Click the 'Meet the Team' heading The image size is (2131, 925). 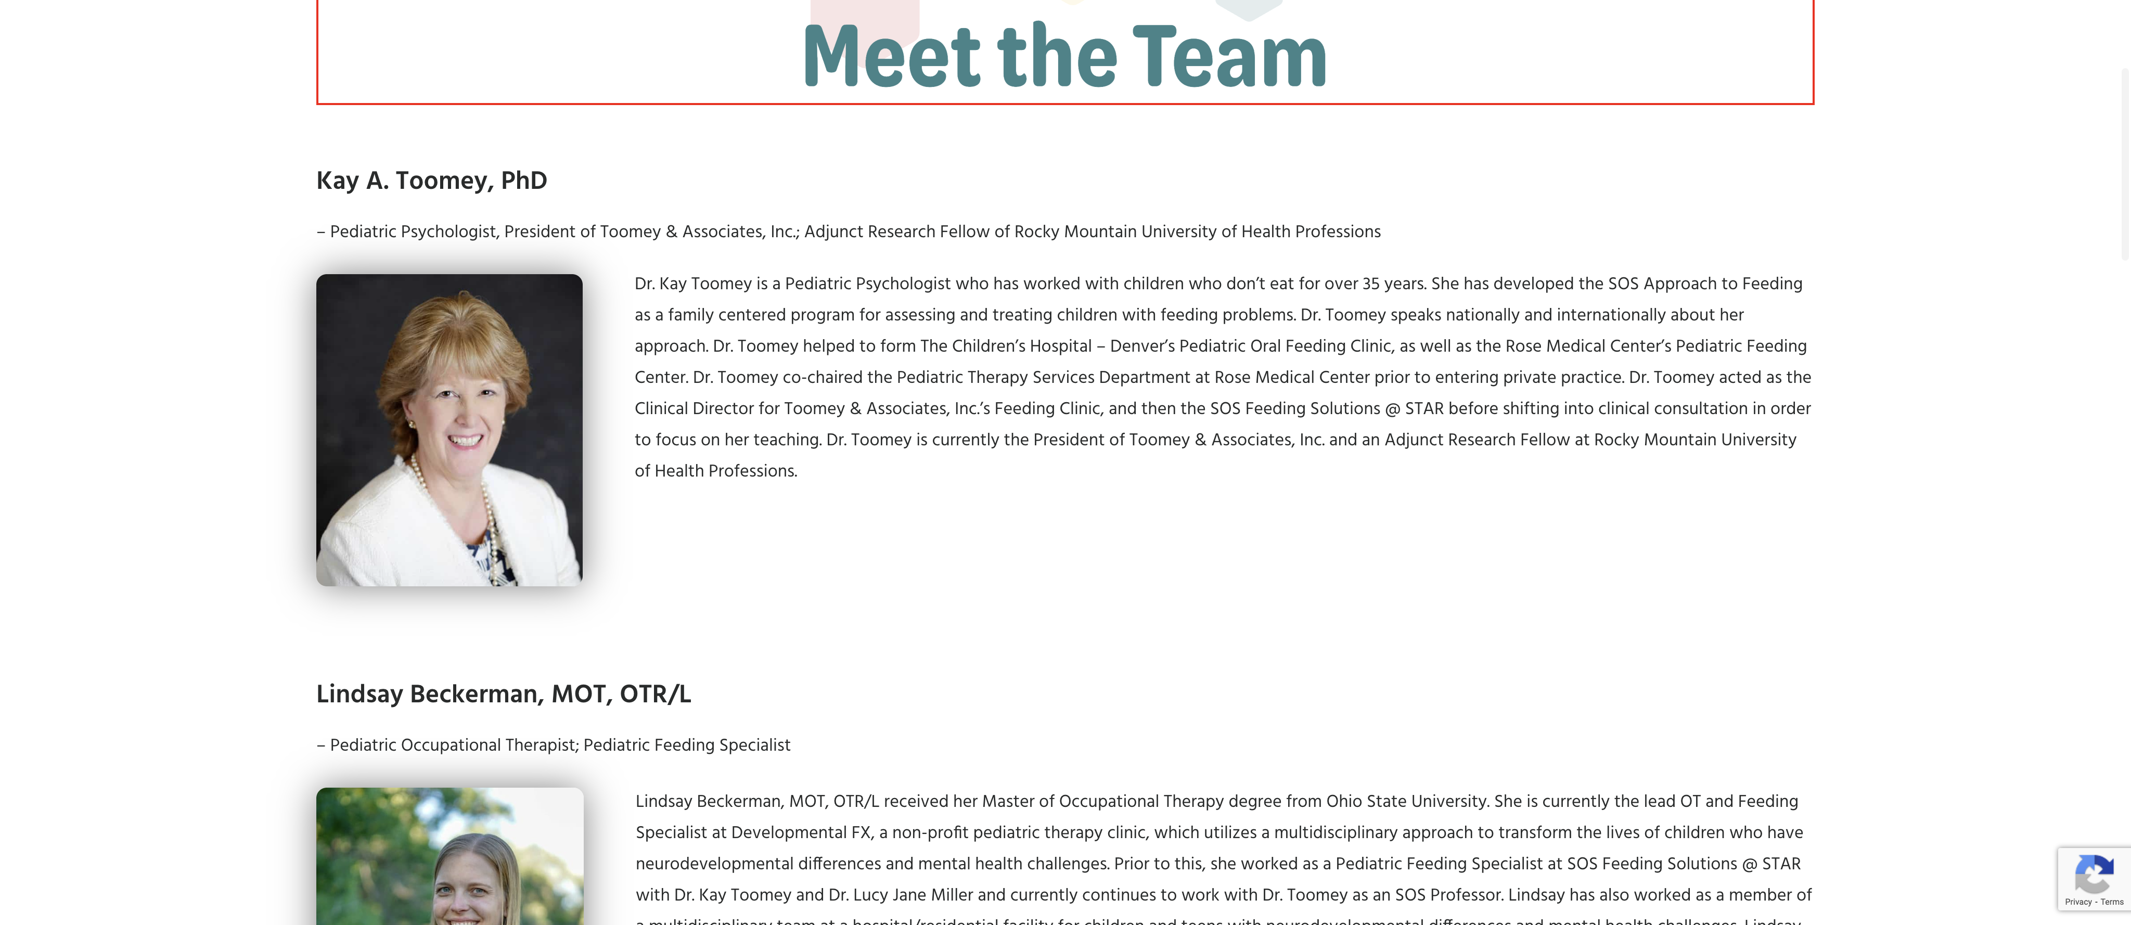click(1064, 56)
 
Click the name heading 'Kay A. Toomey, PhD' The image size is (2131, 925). click(431, 181)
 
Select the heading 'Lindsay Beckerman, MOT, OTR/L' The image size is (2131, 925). click(503, 693)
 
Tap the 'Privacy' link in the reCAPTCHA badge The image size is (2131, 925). click(2077, 902)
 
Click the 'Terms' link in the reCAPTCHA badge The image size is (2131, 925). click(2112, 902)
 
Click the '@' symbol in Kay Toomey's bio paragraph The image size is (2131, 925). click(1392, 409)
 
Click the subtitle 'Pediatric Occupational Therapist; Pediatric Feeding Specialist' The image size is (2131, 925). click(559, 744)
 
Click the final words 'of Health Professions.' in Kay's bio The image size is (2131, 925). click(715, 471)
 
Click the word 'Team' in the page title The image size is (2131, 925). click(1229, 56)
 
